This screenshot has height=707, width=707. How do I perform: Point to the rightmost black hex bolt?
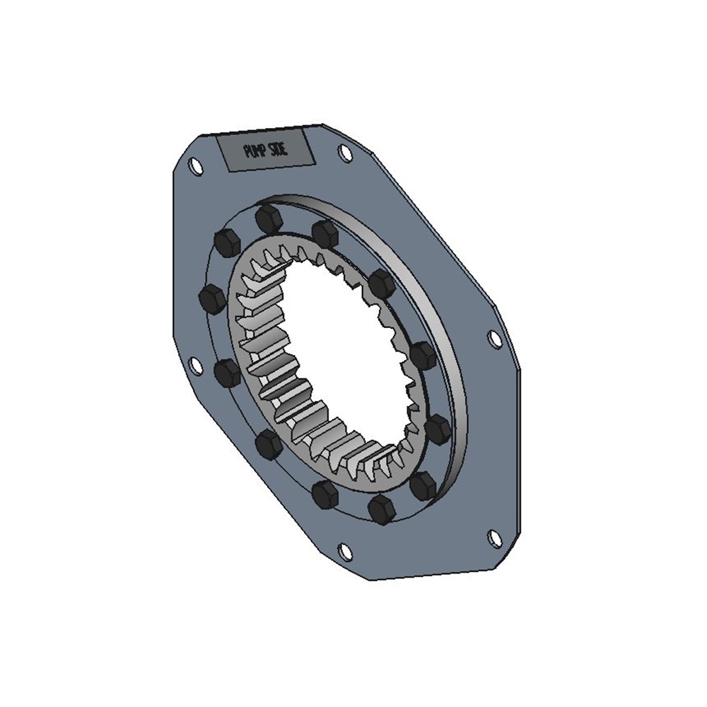pyautogui.click(x=438, y=428)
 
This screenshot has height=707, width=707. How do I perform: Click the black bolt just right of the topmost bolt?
pyautogui.click(x=325, y=233)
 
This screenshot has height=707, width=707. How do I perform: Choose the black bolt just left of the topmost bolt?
pyautogui.click(x=227, y=243)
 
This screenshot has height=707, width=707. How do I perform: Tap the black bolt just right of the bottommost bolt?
pyautogui.click(x=423, y=485)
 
